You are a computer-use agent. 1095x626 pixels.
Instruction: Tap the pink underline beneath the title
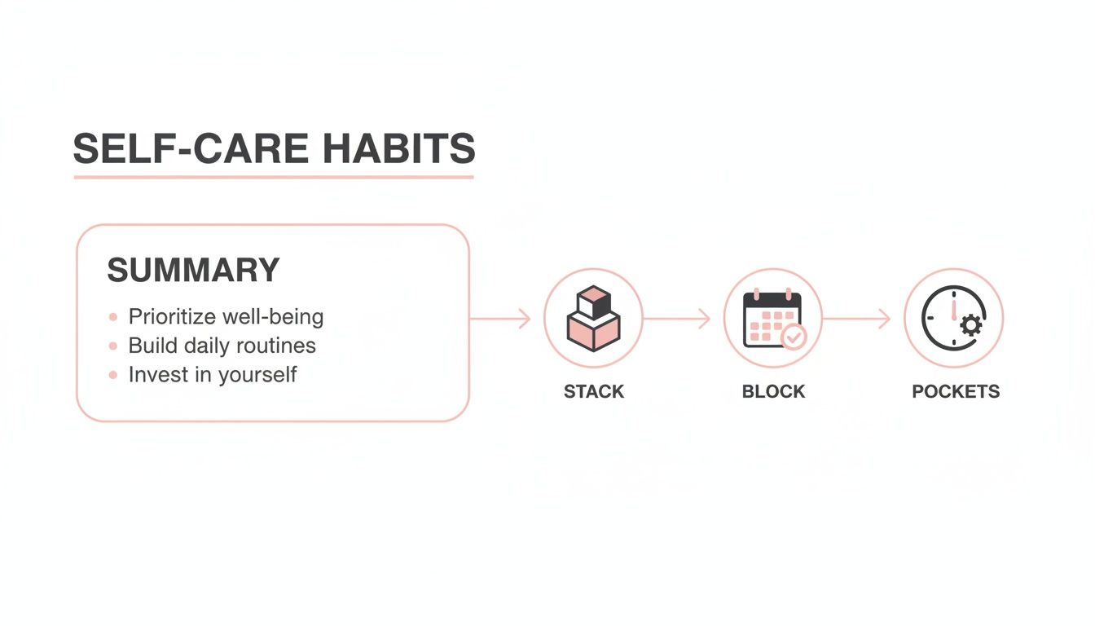pos(273,176)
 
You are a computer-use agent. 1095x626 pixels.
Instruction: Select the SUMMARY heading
pos(193,271)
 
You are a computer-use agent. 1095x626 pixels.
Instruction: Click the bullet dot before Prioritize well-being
pos(112,317)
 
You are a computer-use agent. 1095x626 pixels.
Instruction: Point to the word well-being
pos(277,316)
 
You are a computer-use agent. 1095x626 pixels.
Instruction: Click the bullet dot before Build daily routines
pos(112,346)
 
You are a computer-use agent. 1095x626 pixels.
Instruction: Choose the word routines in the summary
pos(274,346)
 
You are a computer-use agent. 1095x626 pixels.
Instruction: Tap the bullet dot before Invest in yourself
pos(112,375)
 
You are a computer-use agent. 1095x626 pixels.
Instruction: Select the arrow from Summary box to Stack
pos(500,319)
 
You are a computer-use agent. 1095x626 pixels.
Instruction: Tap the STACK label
pos(593,392)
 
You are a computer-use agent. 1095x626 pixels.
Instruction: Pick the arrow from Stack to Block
pos(678,319)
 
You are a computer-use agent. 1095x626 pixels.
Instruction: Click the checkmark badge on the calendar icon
pos(793,336)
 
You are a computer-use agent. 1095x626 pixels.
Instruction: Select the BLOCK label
pos(773,392)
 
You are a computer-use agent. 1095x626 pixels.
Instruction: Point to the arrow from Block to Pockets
pos(857,319)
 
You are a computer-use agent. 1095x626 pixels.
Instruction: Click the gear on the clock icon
pos(970,326)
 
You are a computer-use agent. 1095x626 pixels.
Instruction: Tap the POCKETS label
pos(955,392)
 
